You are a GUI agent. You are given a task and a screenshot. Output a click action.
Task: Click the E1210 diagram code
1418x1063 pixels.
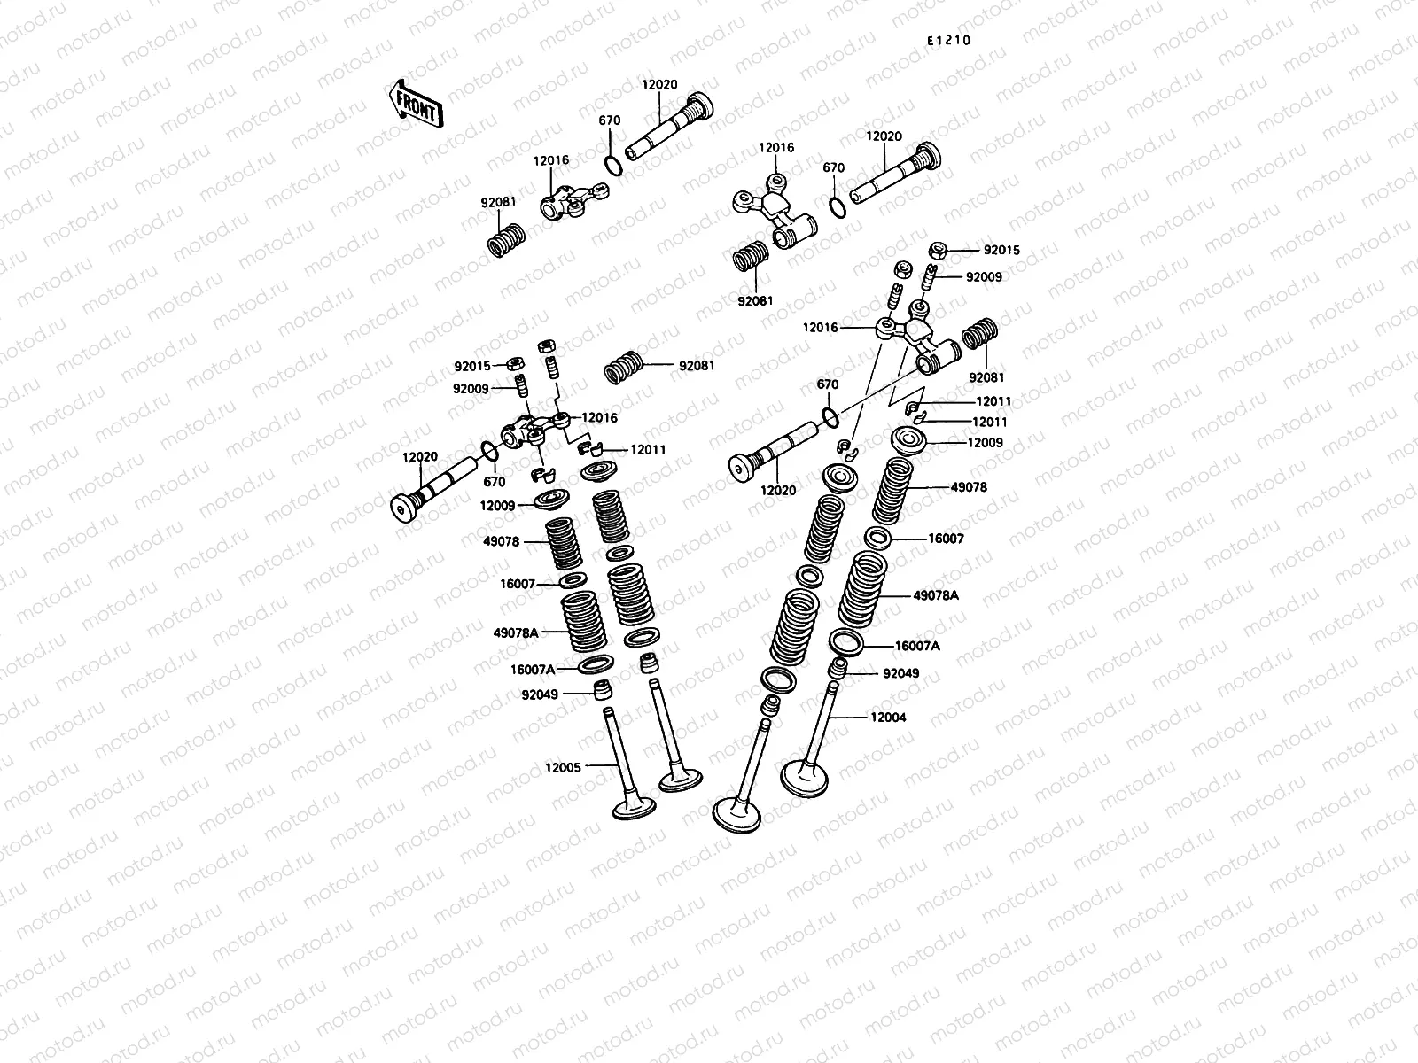[x=949, y=40]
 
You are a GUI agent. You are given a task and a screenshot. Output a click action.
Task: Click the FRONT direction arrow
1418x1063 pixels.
[x=416, y=105]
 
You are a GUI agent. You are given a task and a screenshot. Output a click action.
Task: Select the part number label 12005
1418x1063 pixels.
[x=563, y=767]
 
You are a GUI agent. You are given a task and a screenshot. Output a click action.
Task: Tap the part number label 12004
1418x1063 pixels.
[x=888, y=717]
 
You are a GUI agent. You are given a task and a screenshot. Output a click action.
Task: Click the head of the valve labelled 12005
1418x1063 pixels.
[x=635, y=808]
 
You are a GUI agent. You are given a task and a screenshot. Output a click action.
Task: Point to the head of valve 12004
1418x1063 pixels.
[x=805, y=779]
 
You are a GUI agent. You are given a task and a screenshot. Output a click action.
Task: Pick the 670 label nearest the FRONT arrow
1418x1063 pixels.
[x=609, y=120]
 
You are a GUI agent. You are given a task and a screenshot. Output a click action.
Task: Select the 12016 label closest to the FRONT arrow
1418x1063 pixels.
[x=551, y=160]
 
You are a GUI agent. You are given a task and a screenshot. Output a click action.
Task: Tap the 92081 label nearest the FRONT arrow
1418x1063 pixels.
[x=498, y=202]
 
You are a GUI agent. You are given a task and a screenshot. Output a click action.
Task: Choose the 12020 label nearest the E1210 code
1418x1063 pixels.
[x=884, y=136]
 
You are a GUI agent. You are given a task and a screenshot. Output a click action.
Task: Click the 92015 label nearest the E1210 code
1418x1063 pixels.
[x=1001, y=250]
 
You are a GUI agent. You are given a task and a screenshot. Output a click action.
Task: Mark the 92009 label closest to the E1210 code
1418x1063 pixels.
[x=984, y=277]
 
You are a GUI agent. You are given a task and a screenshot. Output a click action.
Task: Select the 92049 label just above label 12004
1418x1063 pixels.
[x=900, y=673]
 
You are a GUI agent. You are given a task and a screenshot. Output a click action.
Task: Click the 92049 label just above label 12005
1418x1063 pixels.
[x=540, y=694]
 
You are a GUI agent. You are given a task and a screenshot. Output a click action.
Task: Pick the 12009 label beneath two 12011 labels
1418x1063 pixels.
[x=985, y=443]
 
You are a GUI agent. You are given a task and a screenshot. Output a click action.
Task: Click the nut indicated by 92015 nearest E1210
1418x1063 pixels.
[x=938, y=250]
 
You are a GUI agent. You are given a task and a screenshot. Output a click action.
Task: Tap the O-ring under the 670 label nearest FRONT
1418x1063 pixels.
[x=613, y=166]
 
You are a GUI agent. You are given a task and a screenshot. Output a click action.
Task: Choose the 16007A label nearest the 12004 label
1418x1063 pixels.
[x=917, y=646]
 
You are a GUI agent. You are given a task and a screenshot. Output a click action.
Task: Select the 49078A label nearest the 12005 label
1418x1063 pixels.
[x=516, y=633]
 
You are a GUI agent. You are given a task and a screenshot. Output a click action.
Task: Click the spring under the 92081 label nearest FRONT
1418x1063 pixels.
[x=506, y=240]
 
